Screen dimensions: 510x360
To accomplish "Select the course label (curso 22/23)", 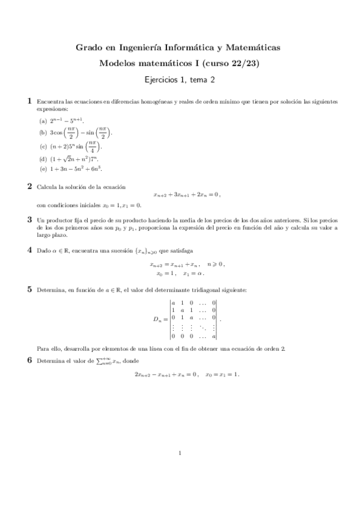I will (232, 63).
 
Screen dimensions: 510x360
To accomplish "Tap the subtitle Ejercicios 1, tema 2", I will (180, 79).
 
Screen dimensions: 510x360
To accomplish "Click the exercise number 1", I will (30, 102).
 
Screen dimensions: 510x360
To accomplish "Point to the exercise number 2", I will (30, 186).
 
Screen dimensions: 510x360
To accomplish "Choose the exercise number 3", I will (30, 220).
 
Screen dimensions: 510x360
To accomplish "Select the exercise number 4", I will (30, 250).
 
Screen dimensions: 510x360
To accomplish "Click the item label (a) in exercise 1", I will (43, 120).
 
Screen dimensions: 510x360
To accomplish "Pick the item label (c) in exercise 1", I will (43, 146).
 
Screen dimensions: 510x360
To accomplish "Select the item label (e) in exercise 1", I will (43, 169).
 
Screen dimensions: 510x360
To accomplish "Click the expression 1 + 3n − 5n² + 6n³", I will (72, 169).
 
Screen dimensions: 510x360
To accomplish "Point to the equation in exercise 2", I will (187, 194).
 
